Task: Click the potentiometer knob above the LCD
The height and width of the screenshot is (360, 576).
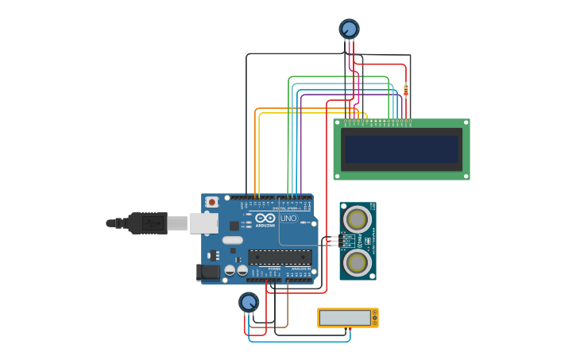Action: pos(349,29)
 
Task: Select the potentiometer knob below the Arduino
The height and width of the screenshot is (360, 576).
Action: pos(249,302)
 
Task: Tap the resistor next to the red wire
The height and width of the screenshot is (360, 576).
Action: pos(406,90)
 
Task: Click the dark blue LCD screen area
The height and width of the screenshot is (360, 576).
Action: pos(401,149)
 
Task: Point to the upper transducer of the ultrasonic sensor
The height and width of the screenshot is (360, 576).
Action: pos(357,219)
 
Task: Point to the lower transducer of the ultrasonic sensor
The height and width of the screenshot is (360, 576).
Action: pos(357,261)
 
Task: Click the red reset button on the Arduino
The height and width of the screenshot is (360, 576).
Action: pos(211,203)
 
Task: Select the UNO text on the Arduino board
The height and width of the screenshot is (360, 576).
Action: pos(288,218)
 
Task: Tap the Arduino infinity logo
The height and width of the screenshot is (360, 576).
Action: pos(265,217)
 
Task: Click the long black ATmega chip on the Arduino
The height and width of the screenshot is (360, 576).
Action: pos(280,257)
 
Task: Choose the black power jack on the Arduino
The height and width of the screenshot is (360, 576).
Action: pos(208,272)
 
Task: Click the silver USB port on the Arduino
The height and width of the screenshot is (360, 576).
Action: pos(203,223)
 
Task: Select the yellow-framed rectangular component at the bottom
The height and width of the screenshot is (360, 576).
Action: pos(347,318)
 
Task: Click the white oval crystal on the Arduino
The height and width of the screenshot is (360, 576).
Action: pos(232,240)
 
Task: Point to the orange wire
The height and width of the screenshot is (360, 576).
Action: pos(255,151)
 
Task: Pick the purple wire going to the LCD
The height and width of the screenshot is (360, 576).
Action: pos(301,143)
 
